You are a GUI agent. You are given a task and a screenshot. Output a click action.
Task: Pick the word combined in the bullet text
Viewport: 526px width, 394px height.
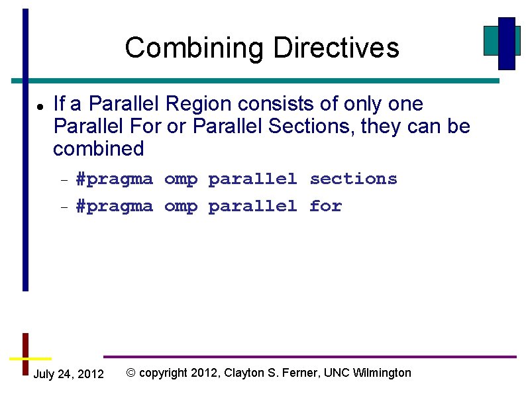(98, 149)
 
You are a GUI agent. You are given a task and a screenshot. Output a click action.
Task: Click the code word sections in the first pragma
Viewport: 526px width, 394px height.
(353, 179)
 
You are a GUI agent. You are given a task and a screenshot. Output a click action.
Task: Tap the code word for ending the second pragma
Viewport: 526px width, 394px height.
(325, 206)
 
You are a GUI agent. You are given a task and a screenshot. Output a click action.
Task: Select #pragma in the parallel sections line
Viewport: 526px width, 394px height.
(115, 179)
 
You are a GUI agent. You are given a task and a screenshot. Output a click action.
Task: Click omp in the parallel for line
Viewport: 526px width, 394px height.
(181, 207)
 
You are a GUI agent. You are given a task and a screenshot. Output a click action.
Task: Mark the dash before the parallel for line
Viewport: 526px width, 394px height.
(64, 207)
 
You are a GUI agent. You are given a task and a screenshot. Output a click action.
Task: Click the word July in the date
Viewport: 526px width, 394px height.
(44, 374)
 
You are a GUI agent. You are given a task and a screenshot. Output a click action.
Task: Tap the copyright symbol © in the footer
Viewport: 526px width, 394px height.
(131, 373)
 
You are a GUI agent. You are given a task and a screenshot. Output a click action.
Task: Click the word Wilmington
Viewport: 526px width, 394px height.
(382, 373)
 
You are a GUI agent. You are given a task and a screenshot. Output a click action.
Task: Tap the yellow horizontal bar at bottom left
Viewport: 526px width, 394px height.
(26, 358)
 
